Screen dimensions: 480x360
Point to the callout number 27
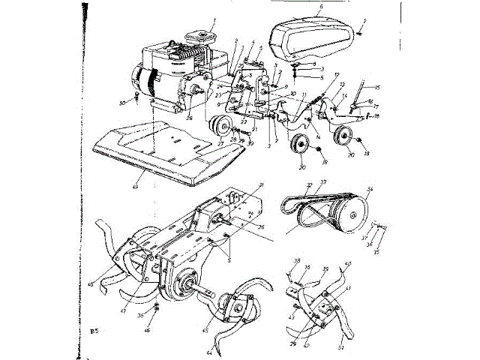click(220, 143)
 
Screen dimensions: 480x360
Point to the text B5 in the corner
click(93, 330)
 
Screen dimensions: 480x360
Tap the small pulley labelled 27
click(220, 124)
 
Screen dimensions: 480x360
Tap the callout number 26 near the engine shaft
click(190, 116)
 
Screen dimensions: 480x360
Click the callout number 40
click(347, 265)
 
